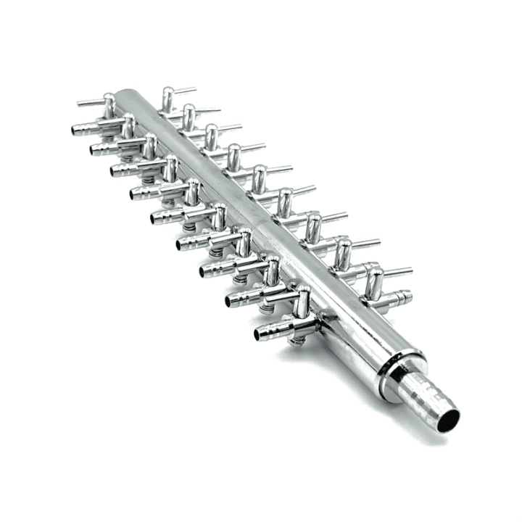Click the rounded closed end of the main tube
(x=123, y=94)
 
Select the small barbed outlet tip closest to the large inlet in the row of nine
(x=262, y=334)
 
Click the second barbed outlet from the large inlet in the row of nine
(x=233, y=299)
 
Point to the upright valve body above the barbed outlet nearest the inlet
(x=301, y=301)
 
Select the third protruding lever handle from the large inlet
(x=337, y=216)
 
